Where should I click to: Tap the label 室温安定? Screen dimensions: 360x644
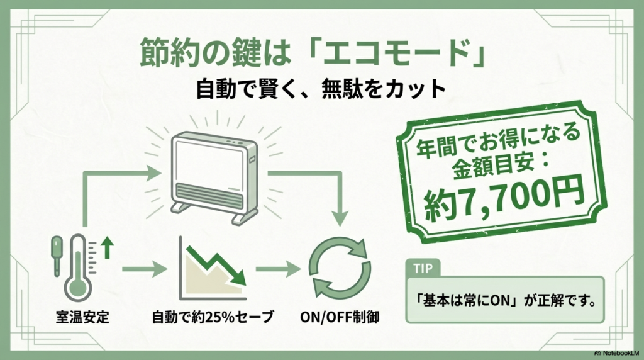point(82,317)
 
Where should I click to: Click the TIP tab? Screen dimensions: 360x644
point(423,267)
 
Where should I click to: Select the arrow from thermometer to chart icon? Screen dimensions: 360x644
point(144,270)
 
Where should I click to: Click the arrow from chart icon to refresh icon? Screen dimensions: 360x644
point(277,270)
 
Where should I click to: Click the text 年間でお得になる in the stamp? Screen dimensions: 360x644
point(497,146)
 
